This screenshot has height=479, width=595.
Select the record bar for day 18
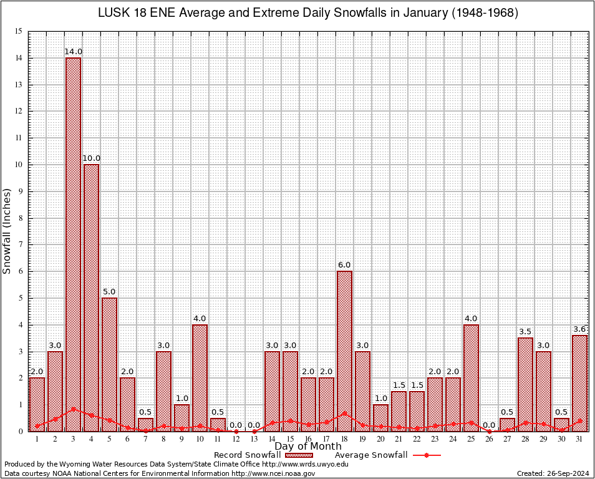344,349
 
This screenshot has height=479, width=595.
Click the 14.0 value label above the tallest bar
74,51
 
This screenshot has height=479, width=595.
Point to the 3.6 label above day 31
580,329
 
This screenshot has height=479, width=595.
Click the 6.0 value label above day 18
344,264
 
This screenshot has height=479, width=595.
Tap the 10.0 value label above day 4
92,158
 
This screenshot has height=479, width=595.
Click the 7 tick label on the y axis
19,244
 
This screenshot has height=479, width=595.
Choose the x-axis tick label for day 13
254,439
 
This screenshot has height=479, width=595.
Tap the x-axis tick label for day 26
489,439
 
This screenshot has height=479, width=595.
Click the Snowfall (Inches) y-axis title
7,231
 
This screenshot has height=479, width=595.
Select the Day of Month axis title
308,447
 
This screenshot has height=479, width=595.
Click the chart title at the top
308,13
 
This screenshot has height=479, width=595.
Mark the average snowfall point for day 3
74,409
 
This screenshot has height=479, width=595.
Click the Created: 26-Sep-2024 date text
553,473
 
